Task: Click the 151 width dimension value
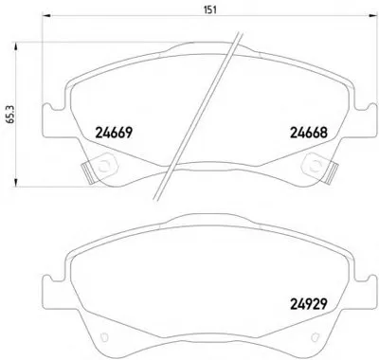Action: click(210, 9)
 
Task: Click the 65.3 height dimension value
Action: click(10, 114)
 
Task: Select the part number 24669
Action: click(114, 133)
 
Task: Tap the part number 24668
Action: click(309, 133)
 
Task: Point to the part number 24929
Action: click(308, 304)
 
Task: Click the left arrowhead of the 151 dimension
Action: click(46, 15)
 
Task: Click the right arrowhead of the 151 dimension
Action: click(373, 15)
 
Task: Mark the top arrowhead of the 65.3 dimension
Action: click(15, 46)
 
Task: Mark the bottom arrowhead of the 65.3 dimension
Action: click(15, 183)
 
